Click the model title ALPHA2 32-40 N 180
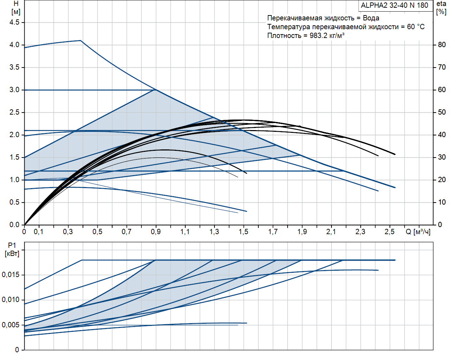[394, 5]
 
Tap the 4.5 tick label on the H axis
[14, 22]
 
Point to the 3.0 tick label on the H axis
[14, 90]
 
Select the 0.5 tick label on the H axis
[14, 202]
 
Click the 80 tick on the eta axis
[442, 45]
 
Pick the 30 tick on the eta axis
[442, 157]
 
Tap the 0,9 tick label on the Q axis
[156, 232]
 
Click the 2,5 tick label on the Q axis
[390, 232]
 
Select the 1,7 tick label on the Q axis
[273, 232]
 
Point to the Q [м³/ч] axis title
[418, 232]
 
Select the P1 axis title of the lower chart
[12, 250]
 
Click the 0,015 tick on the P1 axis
[11, 275]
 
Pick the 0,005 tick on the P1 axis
[11, 325]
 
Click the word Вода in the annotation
[371, 18]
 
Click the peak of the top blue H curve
[81, 40]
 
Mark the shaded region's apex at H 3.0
[155, 90]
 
